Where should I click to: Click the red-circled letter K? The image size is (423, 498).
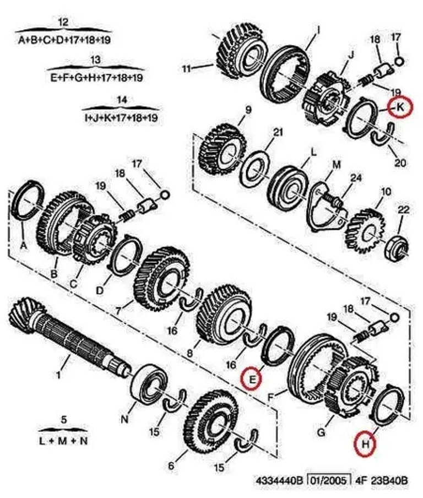pos(399,108)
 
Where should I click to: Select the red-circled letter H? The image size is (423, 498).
pos(365,443)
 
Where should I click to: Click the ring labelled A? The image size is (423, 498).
pos(30,203)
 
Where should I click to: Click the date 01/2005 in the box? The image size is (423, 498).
pos(328,480)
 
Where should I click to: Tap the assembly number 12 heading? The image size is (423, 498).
pos(63,22)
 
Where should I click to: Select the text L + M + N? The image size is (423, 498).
pos(63,441)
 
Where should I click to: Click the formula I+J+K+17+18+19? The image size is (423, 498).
pos(122,117)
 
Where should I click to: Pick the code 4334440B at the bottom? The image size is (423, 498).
pos(279,480)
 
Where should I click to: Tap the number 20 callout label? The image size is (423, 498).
pos(400,163)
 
